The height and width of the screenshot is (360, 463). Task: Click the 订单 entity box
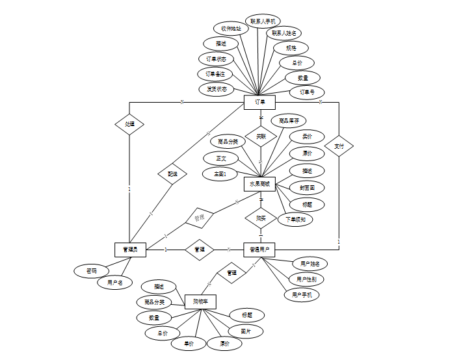259,102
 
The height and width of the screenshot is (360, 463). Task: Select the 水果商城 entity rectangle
259,184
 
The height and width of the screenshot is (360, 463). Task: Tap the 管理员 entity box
129,249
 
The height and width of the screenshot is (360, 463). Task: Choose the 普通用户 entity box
259,249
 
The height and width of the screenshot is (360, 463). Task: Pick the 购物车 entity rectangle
200,302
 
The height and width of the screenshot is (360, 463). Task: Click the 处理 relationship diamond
129,123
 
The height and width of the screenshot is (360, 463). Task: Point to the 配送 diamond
172,174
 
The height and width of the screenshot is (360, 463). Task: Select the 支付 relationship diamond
339,146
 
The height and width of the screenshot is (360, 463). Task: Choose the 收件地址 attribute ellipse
231,29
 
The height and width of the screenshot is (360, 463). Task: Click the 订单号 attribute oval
307,92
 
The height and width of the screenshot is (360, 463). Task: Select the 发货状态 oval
217,89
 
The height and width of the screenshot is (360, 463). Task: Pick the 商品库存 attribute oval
289,121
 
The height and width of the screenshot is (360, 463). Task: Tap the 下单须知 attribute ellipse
295,219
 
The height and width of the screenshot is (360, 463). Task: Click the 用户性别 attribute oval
307,279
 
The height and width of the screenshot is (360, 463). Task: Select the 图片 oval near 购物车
246,331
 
